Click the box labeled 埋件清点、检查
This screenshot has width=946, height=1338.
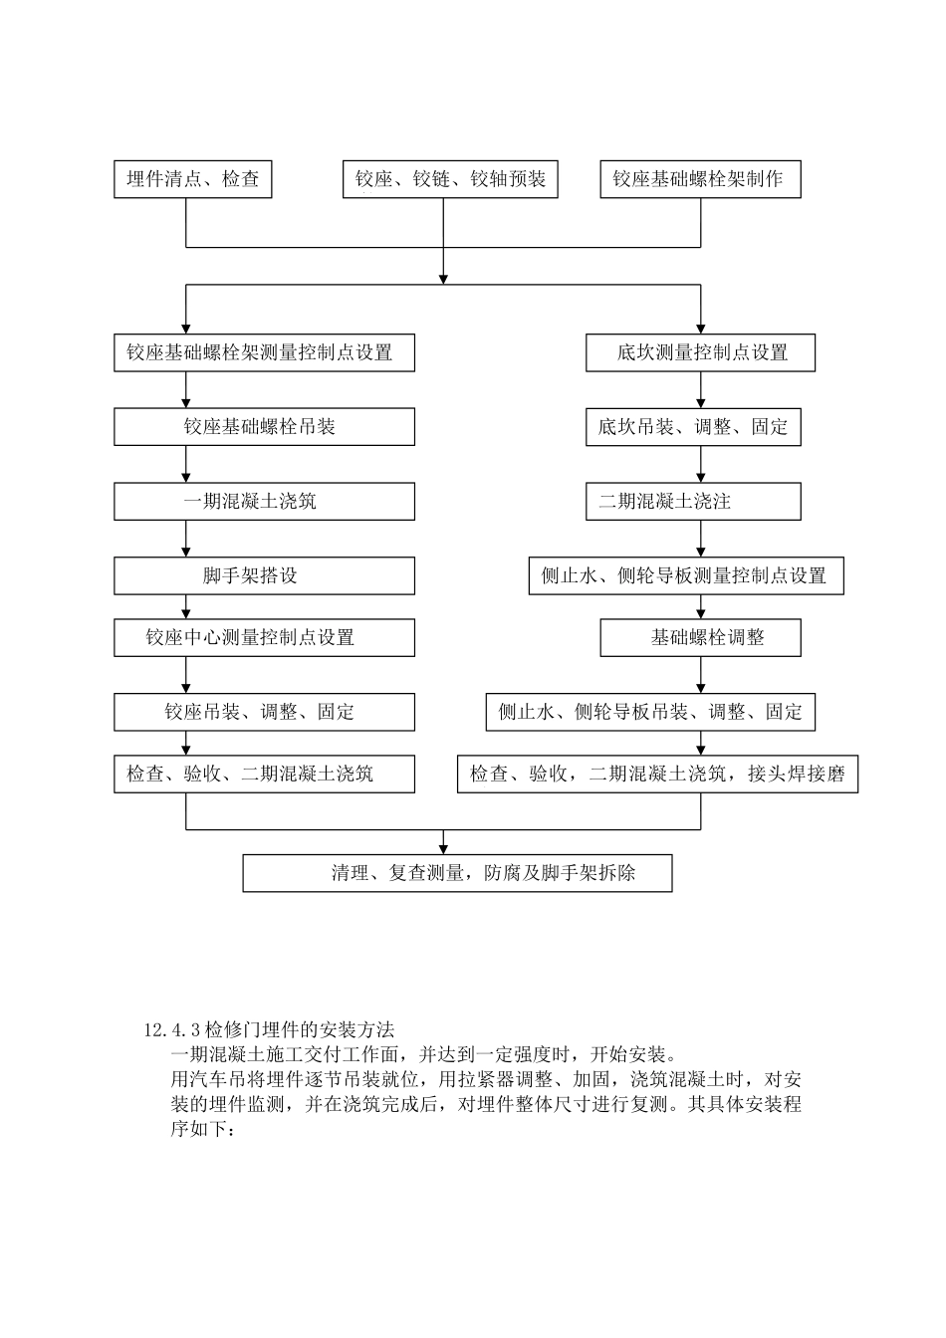click(192, 179)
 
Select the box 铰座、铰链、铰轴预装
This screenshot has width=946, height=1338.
click(450, 179)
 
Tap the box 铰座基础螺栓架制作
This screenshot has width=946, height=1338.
click(700, 179)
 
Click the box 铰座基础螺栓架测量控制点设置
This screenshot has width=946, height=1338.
click(264, 352)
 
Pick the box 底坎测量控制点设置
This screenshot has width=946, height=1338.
click(700, 352)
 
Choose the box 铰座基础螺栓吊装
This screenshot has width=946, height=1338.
click(264, 427)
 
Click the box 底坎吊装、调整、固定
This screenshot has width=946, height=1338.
click(693, 427)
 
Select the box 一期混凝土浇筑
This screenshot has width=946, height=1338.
click(264, 502)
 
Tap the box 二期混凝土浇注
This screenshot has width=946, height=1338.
click(693, 502)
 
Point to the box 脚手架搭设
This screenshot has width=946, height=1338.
click(264, 575)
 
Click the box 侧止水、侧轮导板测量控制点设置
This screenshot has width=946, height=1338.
click(686, 575)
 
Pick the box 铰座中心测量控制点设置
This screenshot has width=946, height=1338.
click(264, 637)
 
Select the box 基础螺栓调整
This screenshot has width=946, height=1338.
click(700, 637)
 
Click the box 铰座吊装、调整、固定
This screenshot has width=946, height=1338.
click(264, 712)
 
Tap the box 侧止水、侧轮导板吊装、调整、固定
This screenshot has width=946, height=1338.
click(650, 712)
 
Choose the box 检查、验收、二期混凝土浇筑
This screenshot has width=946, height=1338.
click(264, 774)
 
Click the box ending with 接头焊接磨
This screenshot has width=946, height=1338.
click(657, 774)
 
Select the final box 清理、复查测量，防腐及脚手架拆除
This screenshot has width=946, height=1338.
click(457, 873)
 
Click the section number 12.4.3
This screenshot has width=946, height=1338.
click(173, 1029)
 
